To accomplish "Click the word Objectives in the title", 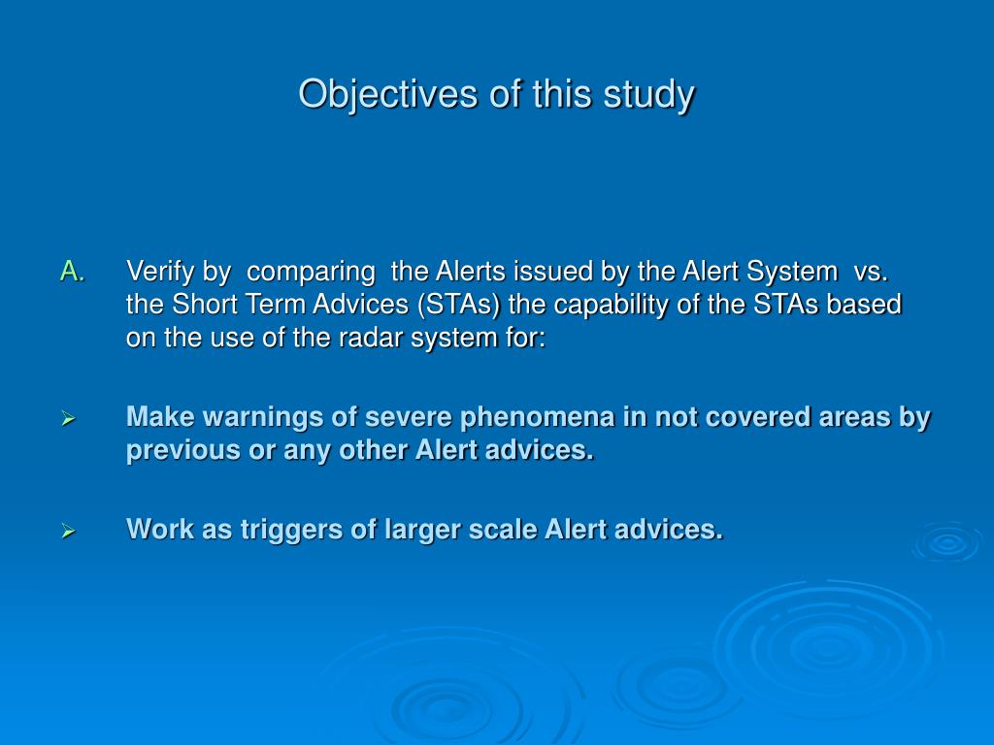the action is tap(387, 95).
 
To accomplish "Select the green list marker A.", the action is tap(73, 272).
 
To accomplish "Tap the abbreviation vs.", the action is tap(871, 273).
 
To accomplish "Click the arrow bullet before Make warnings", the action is tap(69, 418).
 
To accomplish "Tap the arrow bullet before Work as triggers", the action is tap(69, 531).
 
